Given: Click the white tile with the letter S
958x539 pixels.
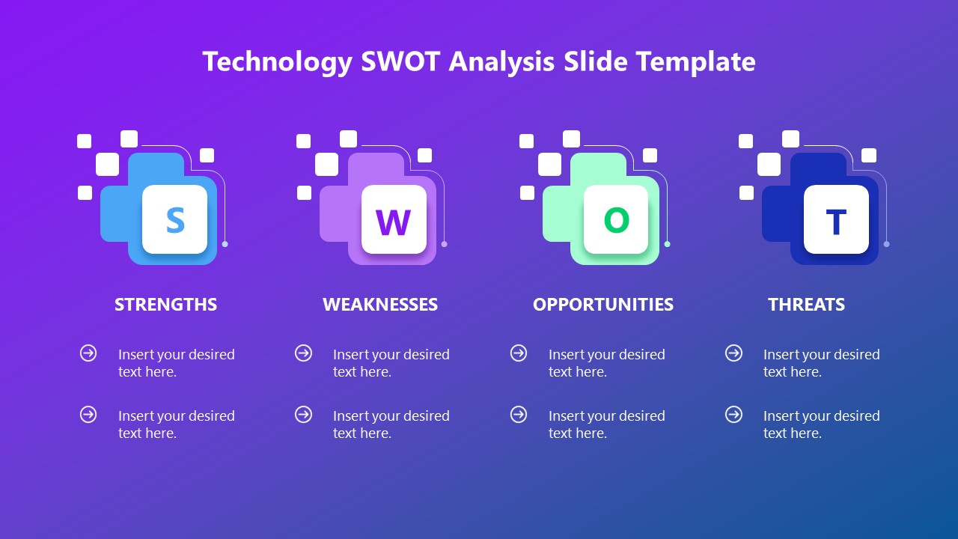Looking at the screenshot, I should pos(174,219).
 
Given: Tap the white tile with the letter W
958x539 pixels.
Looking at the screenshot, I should pos(394,219).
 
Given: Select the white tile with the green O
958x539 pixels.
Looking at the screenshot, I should pos(616,219).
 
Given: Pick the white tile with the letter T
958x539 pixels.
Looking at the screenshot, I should pos(836,219).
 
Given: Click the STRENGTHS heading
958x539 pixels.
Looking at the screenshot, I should pos(165,304).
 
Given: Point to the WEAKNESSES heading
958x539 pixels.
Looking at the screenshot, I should pos(380,304).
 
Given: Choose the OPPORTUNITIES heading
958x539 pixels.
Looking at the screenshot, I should pos(602,304).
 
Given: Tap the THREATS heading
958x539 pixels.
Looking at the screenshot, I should pos(806,304).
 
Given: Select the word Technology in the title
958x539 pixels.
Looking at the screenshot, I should pos(277,61).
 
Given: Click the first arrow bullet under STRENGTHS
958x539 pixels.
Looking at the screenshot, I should pos(88,353).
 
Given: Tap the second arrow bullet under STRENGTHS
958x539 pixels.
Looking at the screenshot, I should pos(88,414).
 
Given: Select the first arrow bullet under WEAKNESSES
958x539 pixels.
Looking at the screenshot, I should pos(303,353).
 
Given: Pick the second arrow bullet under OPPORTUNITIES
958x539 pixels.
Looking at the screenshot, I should pos(519,414).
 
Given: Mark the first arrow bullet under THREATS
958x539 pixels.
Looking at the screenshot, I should pos(733,353).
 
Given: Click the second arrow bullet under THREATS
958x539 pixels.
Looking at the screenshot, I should pos(733,414).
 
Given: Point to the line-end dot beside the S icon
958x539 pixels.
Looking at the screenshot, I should pos(225,244).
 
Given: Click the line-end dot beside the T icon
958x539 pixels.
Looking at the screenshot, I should pos(886,244).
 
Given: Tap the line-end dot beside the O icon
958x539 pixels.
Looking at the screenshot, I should pos(667,244).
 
